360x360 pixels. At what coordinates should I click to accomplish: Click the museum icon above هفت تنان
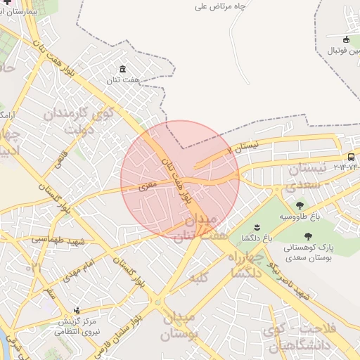coord(123,68)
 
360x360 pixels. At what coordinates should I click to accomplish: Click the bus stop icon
coord(351,157)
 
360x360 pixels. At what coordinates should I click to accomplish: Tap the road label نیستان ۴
coord(245,147)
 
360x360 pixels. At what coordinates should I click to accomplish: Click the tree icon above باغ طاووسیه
coord(300,206)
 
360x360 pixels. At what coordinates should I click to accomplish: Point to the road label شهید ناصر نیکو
coord(290,280)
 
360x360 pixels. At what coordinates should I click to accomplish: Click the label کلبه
coord(198,279)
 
